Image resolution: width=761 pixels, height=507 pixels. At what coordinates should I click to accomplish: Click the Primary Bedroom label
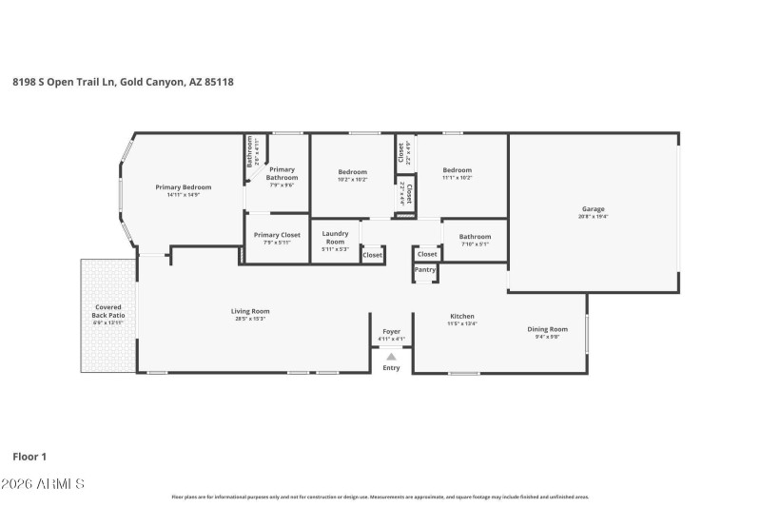[184, 187]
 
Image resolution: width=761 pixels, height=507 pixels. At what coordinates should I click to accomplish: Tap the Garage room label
[594, 209]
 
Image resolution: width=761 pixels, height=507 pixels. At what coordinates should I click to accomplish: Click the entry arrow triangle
[391, 357]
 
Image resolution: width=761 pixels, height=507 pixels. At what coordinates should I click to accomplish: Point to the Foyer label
[391, 331]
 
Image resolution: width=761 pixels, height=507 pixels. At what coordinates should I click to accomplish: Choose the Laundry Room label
[335, 237]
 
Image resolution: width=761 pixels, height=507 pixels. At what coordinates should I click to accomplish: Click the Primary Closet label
[277, 235]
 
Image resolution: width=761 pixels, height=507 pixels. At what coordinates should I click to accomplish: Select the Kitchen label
[462, 316]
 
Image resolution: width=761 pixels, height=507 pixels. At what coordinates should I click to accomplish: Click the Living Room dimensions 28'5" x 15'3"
[251, 319]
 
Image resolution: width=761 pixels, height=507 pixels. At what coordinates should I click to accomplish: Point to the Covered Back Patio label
[108, 311]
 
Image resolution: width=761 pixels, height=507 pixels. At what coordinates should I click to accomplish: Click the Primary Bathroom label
[282, 174]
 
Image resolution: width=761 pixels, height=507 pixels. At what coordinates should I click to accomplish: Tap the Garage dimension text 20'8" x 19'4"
[594, 217]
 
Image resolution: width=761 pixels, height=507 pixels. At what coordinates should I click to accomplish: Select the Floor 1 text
[29, 457]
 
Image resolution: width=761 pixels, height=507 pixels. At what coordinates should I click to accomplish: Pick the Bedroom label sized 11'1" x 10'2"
[457, 170]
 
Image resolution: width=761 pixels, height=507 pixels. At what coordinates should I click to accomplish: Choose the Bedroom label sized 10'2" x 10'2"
[353, 172]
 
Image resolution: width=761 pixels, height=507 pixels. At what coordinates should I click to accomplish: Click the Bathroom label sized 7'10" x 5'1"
[475, 236]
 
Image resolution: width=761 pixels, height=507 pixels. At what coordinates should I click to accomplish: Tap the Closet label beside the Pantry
[427, 254]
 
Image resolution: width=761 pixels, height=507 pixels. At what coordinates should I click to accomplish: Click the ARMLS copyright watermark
[44, 484]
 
